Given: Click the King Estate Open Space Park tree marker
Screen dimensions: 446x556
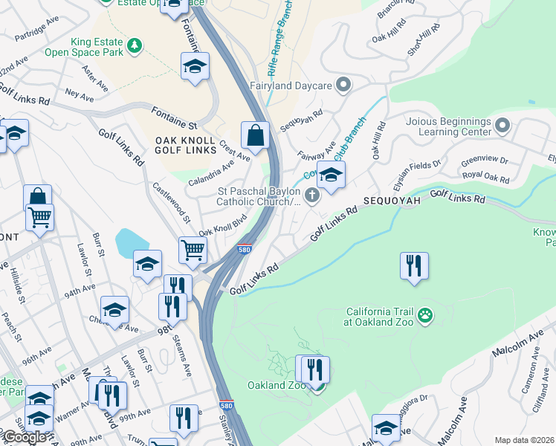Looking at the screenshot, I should coord(135,46).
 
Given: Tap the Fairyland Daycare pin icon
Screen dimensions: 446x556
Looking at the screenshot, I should coord(343,85).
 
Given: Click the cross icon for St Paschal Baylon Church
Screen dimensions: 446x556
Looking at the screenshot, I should coord(313,196).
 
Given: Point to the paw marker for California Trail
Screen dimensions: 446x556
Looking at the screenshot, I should coord(424,316).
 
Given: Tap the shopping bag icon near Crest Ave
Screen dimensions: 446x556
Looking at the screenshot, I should coord(255,136).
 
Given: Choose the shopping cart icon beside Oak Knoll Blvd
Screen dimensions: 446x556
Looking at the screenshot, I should coord(193,251).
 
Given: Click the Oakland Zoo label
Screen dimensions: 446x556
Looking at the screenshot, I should coord(276,386).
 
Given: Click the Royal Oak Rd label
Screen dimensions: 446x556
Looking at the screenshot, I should coord(485,178).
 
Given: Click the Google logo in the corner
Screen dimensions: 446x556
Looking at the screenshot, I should coord(24,437).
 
